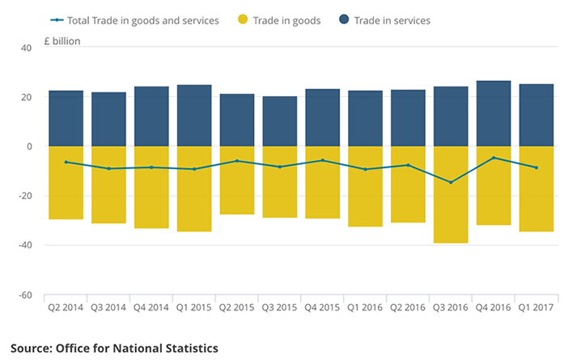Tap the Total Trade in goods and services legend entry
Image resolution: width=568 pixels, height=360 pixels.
(134, 20)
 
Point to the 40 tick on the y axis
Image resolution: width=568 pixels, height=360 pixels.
(26, 48)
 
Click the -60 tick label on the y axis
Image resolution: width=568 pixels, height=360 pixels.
(24, 295)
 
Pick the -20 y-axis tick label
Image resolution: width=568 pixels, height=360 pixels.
(24, 197)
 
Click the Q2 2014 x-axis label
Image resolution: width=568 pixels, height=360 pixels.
(66, 308)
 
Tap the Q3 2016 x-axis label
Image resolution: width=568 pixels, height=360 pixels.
(451, 308)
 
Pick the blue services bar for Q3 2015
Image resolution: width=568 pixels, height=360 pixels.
(280, 121)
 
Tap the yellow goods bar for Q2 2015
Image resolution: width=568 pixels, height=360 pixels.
(237, 180)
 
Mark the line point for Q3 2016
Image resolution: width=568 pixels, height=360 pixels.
(451, 182)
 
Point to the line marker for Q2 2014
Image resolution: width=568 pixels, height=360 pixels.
(66, 162)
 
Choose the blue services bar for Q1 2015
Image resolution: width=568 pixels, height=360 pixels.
(194, 116)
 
